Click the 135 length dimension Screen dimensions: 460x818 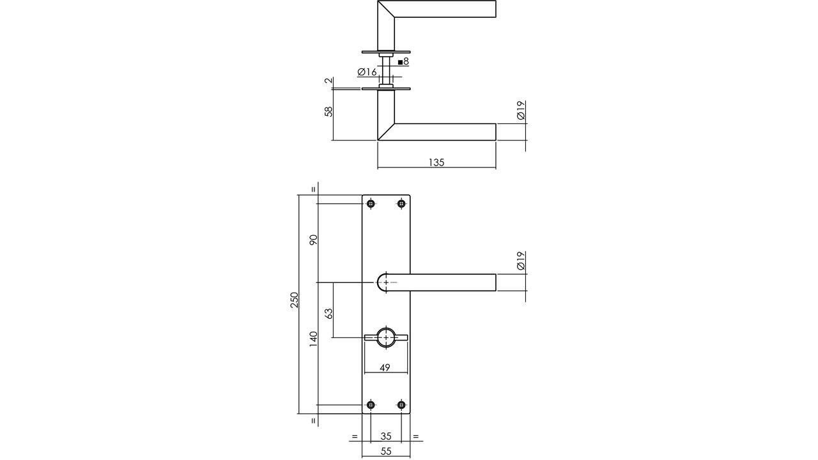click(436, 162)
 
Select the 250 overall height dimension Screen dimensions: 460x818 click(295, 300)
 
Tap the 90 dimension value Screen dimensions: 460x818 click(313, 240)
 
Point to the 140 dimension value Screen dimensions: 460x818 click(313, 338)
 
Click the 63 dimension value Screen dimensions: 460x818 click(328, 313)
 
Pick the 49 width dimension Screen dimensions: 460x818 click(385, 367)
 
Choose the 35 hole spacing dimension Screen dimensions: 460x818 click(386, 436)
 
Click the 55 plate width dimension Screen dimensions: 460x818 click(386, 452)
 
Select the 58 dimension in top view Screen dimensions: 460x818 click(328, 111)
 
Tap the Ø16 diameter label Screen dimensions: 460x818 click(367, 72)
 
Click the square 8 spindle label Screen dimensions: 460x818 click(403, 62)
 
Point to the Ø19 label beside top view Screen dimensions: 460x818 click(520, 111)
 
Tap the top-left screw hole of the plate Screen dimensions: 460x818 click(371, 204)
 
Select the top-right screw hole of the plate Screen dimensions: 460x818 click(401, 204)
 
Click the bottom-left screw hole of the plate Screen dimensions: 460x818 click(371, 404)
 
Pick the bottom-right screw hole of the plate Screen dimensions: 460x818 click(401, 404)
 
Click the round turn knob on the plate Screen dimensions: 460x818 click(386, 337)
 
